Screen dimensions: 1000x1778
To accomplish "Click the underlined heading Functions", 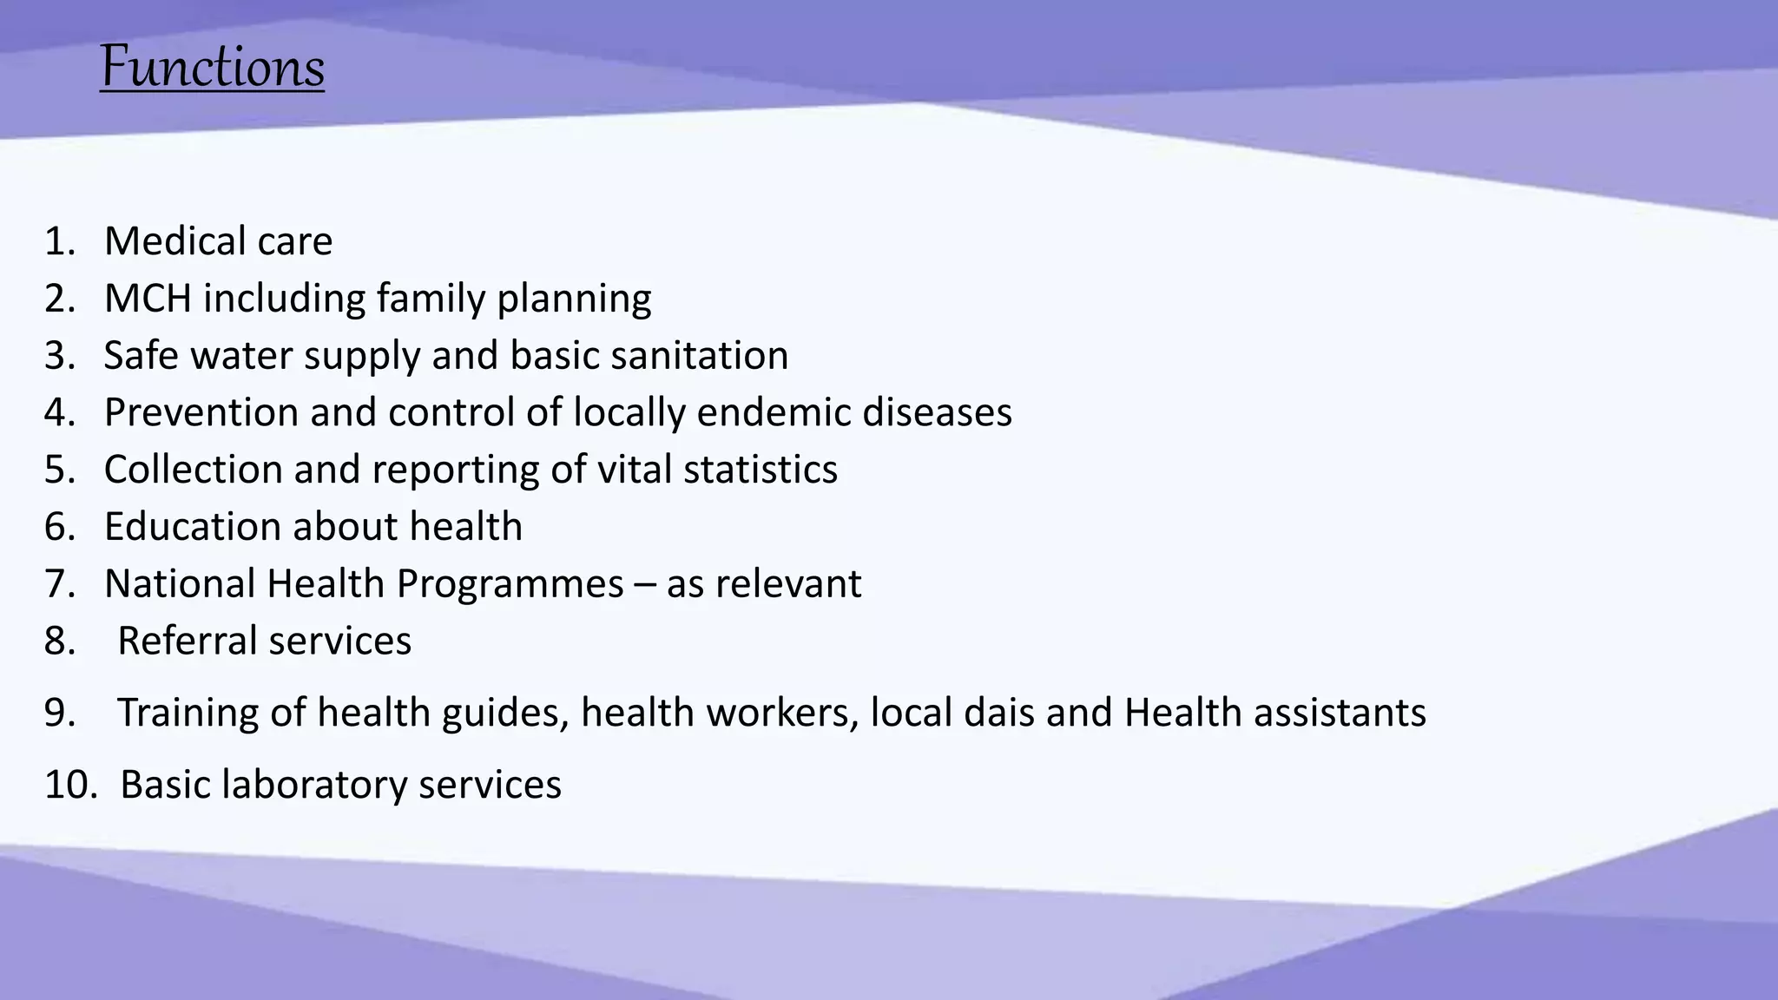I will [x=213, y=68].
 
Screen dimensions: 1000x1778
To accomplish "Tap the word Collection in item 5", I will [x=193, y=470].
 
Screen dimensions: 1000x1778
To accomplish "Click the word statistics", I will [x=760, y=470].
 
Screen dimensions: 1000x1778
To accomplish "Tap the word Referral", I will [x=186, y=641].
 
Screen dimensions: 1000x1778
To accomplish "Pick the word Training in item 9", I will [x=187, y=714].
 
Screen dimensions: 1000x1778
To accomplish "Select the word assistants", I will [x=1340, y=713].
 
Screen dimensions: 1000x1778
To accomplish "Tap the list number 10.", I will [x=68, y=785].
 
